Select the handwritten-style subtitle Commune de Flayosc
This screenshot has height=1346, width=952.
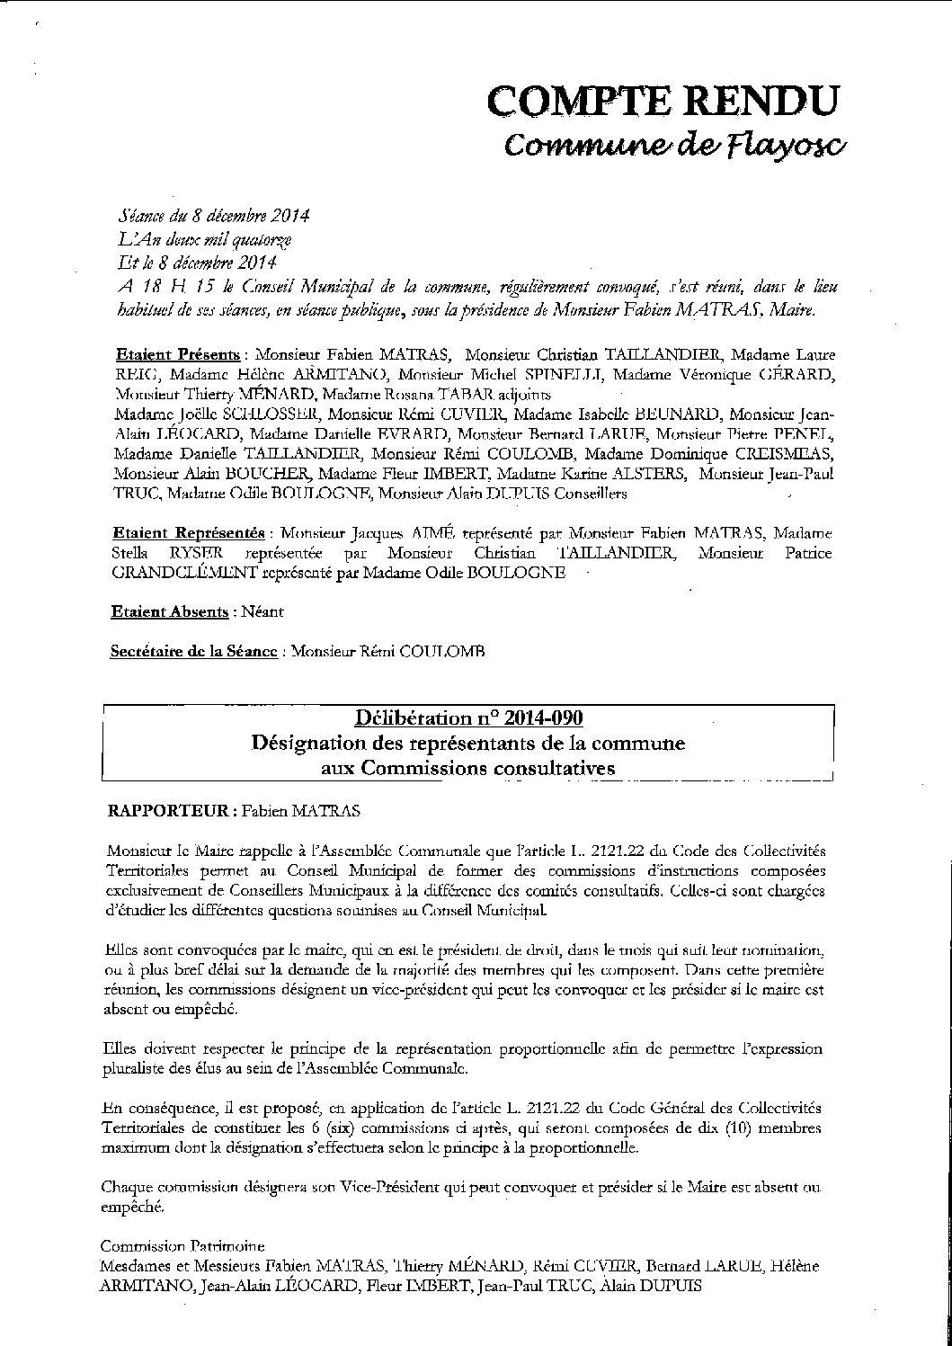pos(672,145)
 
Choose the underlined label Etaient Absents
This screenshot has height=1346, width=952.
pos(169,611)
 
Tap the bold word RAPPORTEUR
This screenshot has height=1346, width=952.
pos(167,810)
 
